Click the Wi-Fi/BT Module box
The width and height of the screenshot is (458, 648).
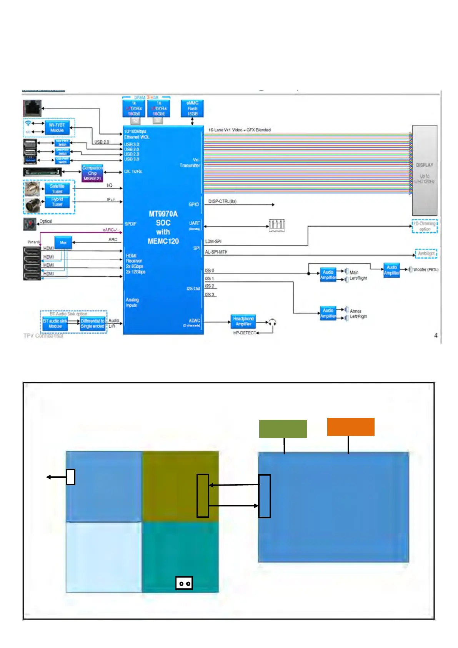pos(57,128)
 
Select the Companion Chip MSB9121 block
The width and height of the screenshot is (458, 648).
pos(92,173)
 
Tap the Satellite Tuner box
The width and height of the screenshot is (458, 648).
pos(57,189)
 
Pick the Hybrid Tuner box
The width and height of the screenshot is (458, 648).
pos(57,202)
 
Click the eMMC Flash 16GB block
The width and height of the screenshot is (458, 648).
pos(192,109)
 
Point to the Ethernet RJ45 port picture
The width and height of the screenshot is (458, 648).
pos(32,108)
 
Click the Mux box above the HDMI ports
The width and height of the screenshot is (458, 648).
pos(63,242)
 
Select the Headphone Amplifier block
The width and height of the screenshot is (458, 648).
pos(243,321)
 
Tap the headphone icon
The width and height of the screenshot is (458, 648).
pos(272,322)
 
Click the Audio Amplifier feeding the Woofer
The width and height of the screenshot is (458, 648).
pos(391,270)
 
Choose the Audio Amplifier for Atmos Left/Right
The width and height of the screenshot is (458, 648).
pos(328,313)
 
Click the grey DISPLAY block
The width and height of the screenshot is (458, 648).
pos(425,170)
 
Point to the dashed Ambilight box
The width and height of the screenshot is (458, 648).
pos(426,254)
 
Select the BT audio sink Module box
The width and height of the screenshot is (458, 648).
pos(55,323)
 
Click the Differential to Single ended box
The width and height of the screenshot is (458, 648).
pos(92,323)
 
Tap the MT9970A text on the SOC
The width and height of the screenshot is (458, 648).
pos(163,214)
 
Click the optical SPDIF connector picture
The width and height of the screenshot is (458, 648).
pos(30,224)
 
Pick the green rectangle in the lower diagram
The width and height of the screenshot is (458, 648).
pos(283,429)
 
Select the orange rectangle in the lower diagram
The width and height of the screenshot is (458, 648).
pos(351,427)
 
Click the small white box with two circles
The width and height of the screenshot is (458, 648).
pos(184,583)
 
